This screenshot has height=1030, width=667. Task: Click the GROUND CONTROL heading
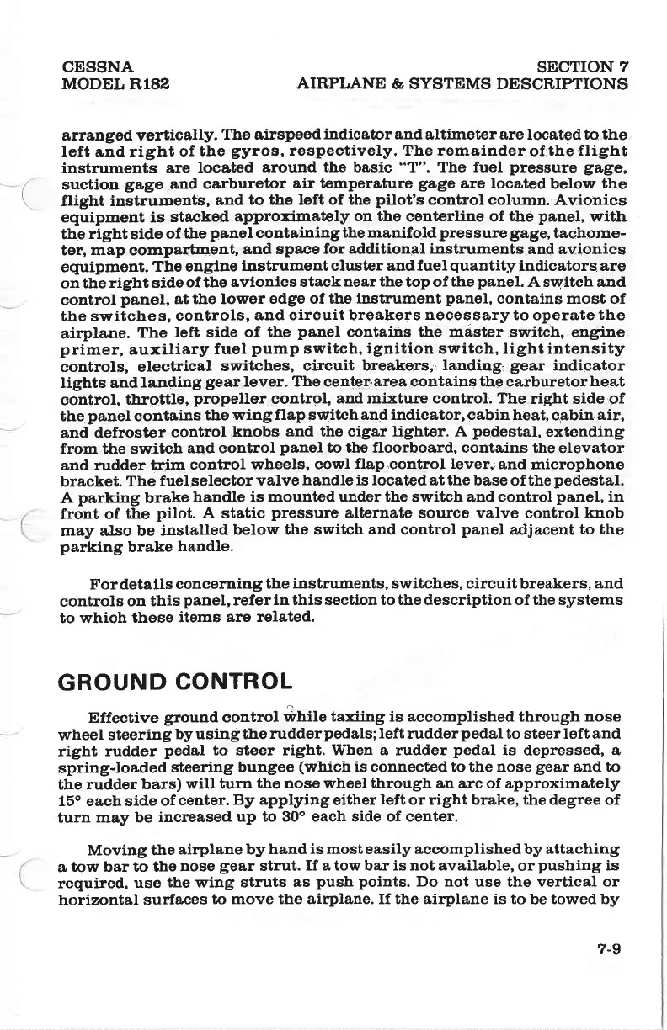pyautogui.click(x=174, y=680)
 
